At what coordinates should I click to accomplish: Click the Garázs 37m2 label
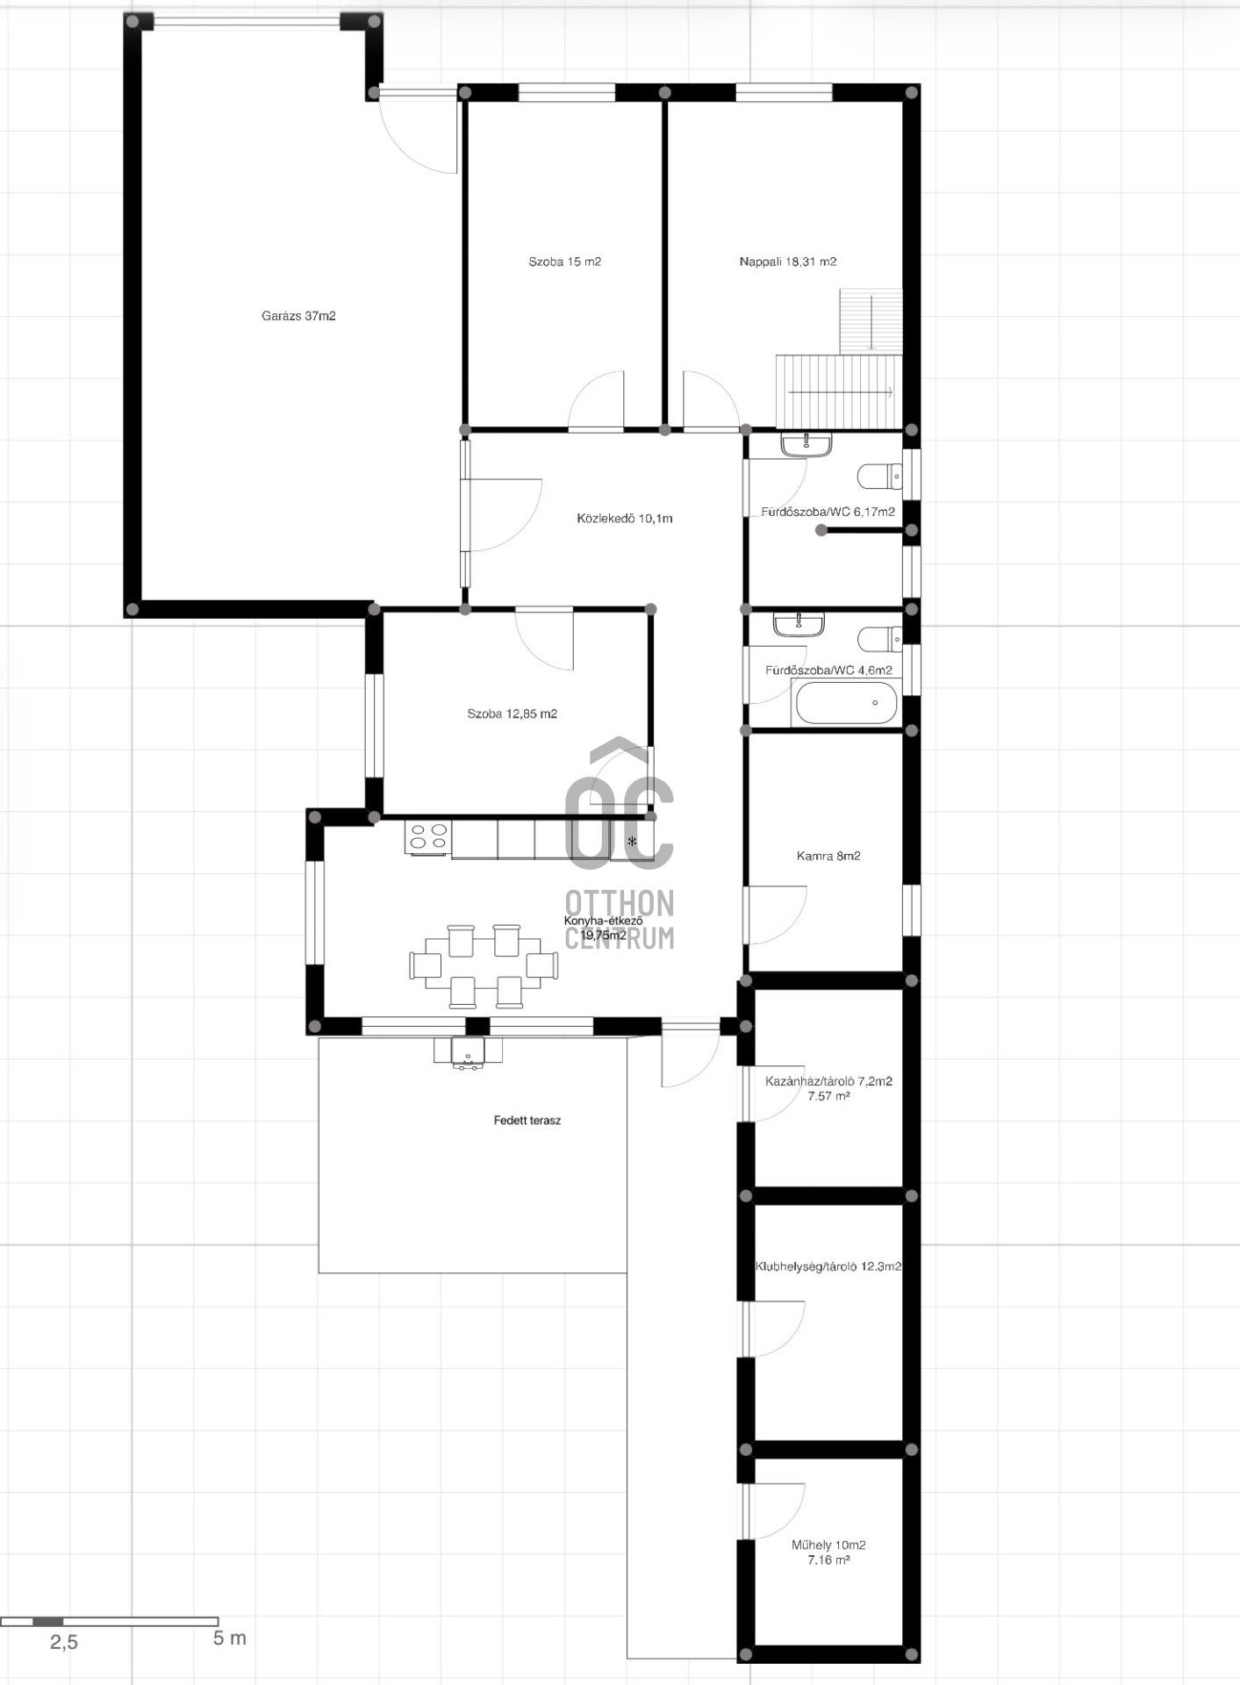(298, 316)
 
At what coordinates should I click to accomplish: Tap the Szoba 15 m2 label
(564, 262)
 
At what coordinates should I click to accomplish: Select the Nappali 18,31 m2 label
(787, 262)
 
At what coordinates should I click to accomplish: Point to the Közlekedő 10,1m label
(624, 519)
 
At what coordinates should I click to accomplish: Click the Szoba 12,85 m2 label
(512, 713)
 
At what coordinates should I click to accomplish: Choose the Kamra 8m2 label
(828, 856)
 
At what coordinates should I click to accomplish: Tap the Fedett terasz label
(527, 1120)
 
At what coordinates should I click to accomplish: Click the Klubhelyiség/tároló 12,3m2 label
(828, 1266)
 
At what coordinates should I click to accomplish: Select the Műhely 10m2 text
(828, 1545)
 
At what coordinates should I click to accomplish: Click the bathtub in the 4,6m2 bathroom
(844, 703)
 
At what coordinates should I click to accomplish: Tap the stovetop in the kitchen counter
(428, 837)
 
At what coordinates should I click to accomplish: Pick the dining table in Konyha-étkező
(484, 965)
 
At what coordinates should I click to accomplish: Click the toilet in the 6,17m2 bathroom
(879, 476)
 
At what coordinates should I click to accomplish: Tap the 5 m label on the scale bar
(229, 1638)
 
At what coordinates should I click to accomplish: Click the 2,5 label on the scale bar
(63, 1642)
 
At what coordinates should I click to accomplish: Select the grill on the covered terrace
(469, 1052)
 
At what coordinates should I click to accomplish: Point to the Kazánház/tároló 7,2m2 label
(828, 1081)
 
